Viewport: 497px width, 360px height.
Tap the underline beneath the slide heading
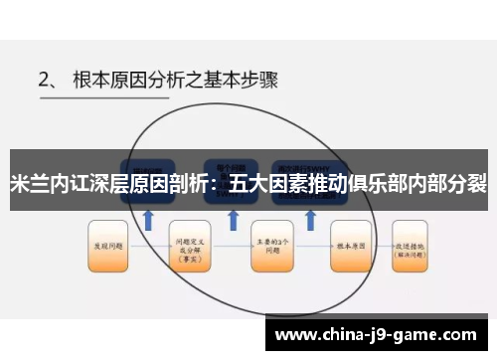click(x=248, y=102)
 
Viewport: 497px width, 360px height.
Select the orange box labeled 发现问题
click(x=107, y=242)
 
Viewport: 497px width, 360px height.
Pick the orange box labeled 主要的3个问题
click(x=271, y=242)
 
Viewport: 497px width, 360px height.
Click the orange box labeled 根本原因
click(x=351, y=242)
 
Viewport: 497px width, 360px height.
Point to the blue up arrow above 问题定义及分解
click(x=148, y=217)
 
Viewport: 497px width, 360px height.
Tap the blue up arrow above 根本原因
click(x=309, y=217)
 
